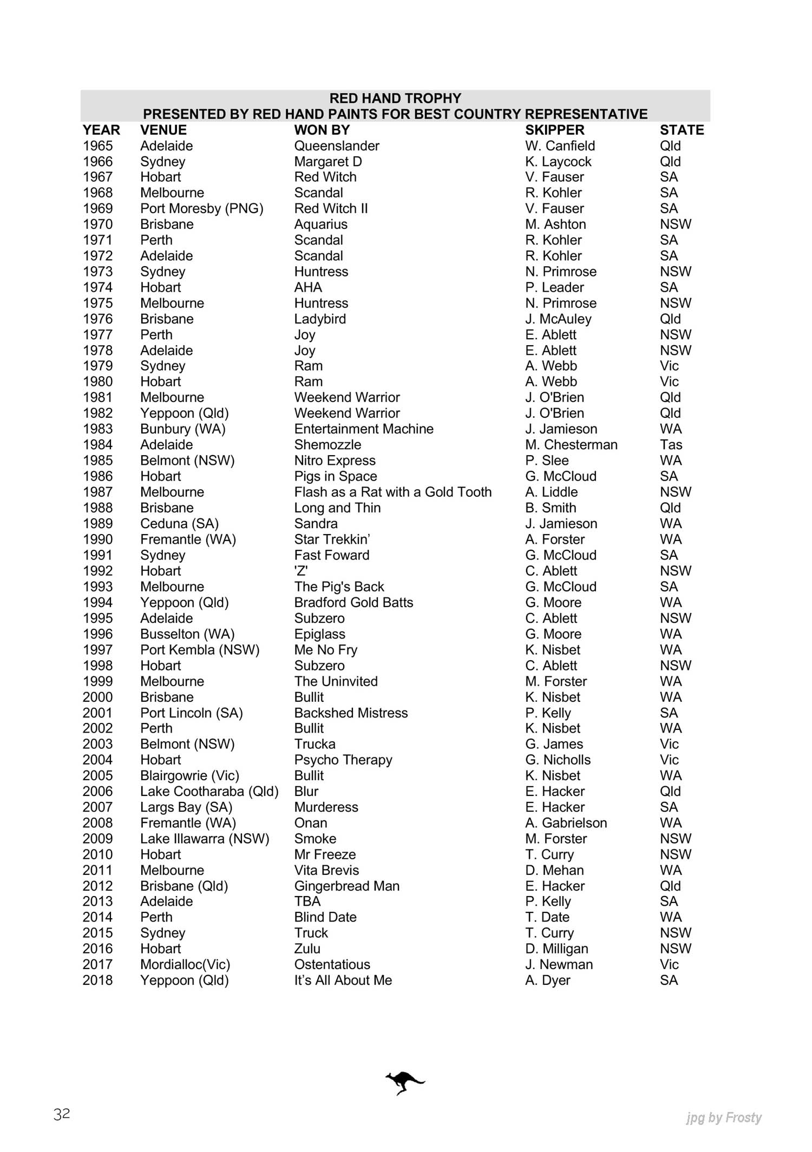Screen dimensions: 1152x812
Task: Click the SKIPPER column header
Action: [x=554, y=130]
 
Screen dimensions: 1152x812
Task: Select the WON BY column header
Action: [x=322, y=130]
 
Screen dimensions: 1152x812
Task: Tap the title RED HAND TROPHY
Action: [x=395, y=98]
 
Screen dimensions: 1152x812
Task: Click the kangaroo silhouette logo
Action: [x=404, y=1082]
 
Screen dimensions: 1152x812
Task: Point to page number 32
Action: [x=62, y=1114]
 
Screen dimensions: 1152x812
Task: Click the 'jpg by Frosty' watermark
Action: [x=724, y=1117]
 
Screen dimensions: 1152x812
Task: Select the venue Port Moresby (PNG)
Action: [x=201, y=208]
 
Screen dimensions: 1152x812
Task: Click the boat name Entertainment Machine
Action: [x=364, y=429]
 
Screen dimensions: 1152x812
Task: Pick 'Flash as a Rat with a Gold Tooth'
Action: [x=392, y=492]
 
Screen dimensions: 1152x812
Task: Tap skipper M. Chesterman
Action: [x=571, y=445]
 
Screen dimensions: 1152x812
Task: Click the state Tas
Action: [x=671, y=445]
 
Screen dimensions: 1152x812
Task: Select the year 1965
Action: [x=97, y=146]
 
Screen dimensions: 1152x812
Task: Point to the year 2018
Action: [x=97, y=980]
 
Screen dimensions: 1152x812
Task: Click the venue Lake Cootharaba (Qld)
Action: [x=209, y=791]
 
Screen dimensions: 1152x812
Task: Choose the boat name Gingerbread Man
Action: [x=346, y=886]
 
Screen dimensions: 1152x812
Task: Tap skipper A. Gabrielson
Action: [x=566, y=823]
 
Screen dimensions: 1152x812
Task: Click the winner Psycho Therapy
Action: [x=343, y=760]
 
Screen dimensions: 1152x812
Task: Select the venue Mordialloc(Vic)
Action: [x=185, y=964]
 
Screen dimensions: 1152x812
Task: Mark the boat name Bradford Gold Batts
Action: [x=353, y=602]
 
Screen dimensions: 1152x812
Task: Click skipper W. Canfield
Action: [x=560, y=146]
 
